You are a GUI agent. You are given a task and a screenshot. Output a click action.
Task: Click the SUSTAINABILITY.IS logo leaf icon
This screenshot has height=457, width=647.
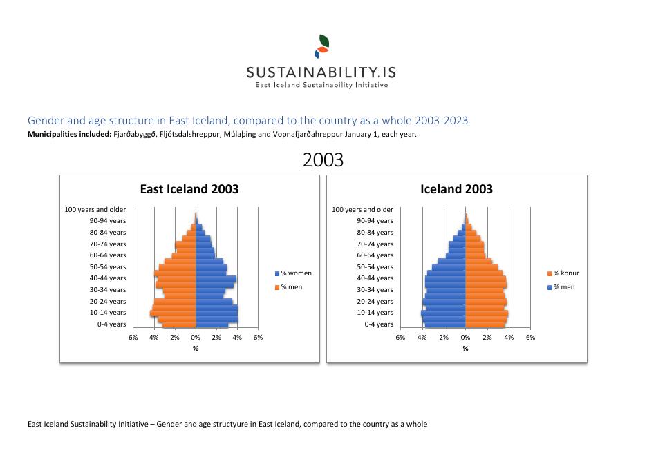pyautogui.click(x=322, y=46)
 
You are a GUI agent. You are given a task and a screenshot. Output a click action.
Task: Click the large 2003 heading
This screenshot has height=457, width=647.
pyautogui.click(x=323, y=160)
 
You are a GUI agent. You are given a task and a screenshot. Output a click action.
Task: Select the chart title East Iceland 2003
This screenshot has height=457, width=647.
pyautogui.click(x=189, y=189)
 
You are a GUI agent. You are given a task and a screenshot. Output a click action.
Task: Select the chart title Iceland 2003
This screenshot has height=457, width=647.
pyautogui.click(x=456, y=189)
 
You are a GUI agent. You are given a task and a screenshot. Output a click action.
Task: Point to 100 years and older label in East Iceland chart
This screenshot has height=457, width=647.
pyautogui.click(x=95, y=209)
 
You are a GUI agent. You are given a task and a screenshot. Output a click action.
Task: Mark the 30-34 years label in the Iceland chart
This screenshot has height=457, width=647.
pyautogui.click(x=375, y=290)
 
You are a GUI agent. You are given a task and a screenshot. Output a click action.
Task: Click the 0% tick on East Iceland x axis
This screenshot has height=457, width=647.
pyautogui.click(x=196, y=338)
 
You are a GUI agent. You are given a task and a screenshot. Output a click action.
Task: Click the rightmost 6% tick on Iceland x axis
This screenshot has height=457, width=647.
pyautogui.click(x=530, y=338)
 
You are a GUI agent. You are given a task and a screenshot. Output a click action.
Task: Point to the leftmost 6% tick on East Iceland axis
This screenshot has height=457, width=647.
pyautogui.click(x=133, y=338)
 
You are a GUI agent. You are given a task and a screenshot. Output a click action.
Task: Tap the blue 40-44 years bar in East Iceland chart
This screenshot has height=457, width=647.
pyautogui.click(x=216, y=279)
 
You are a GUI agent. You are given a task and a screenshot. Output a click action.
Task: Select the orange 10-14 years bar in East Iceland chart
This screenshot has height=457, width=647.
pyautogui.click(x=174, y=313)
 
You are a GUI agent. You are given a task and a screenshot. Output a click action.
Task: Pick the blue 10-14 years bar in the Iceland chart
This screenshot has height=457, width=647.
pyautogui.click(x=444, y=313)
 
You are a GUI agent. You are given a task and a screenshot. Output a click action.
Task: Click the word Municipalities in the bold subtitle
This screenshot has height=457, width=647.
pyautogui.click(x=54, y=135)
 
